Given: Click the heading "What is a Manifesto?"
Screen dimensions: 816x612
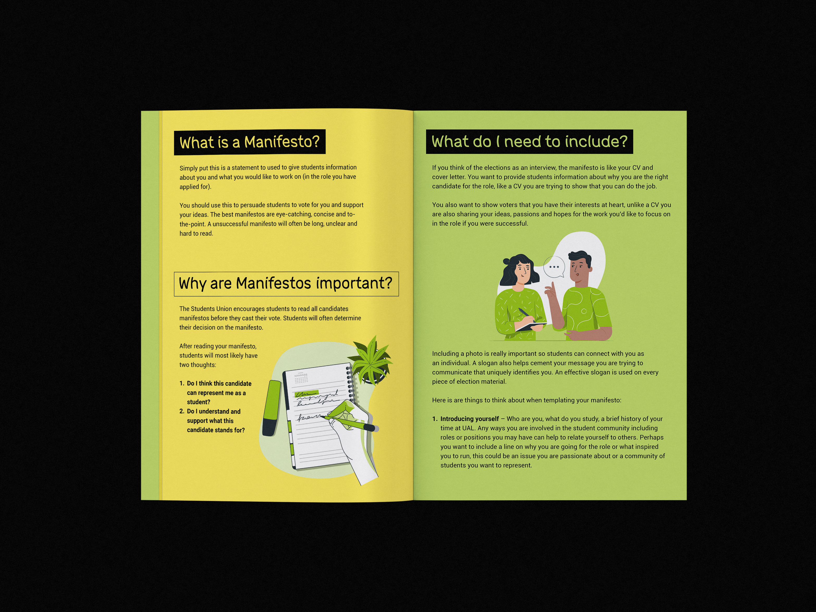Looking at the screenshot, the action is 249,142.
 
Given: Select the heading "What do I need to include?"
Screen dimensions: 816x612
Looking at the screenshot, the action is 529,141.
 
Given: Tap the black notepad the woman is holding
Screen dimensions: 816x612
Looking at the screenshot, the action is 531,327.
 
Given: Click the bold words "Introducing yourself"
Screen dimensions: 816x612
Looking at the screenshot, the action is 469,419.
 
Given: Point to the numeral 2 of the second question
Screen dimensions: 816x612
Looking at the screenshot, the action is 181,411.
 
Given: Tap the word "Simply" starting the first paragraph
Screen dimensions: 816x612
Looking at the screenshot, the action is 188,168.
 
